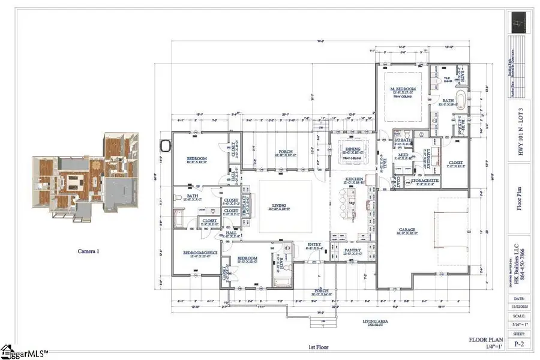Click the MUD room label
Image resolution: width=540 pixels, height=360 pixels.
[x=403, y=155]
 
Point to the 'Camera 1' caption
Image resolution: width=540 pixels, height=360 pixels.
[x=88, y=251]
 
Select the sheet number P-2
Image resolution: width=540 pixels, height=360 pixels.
[x=520, y=344]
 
